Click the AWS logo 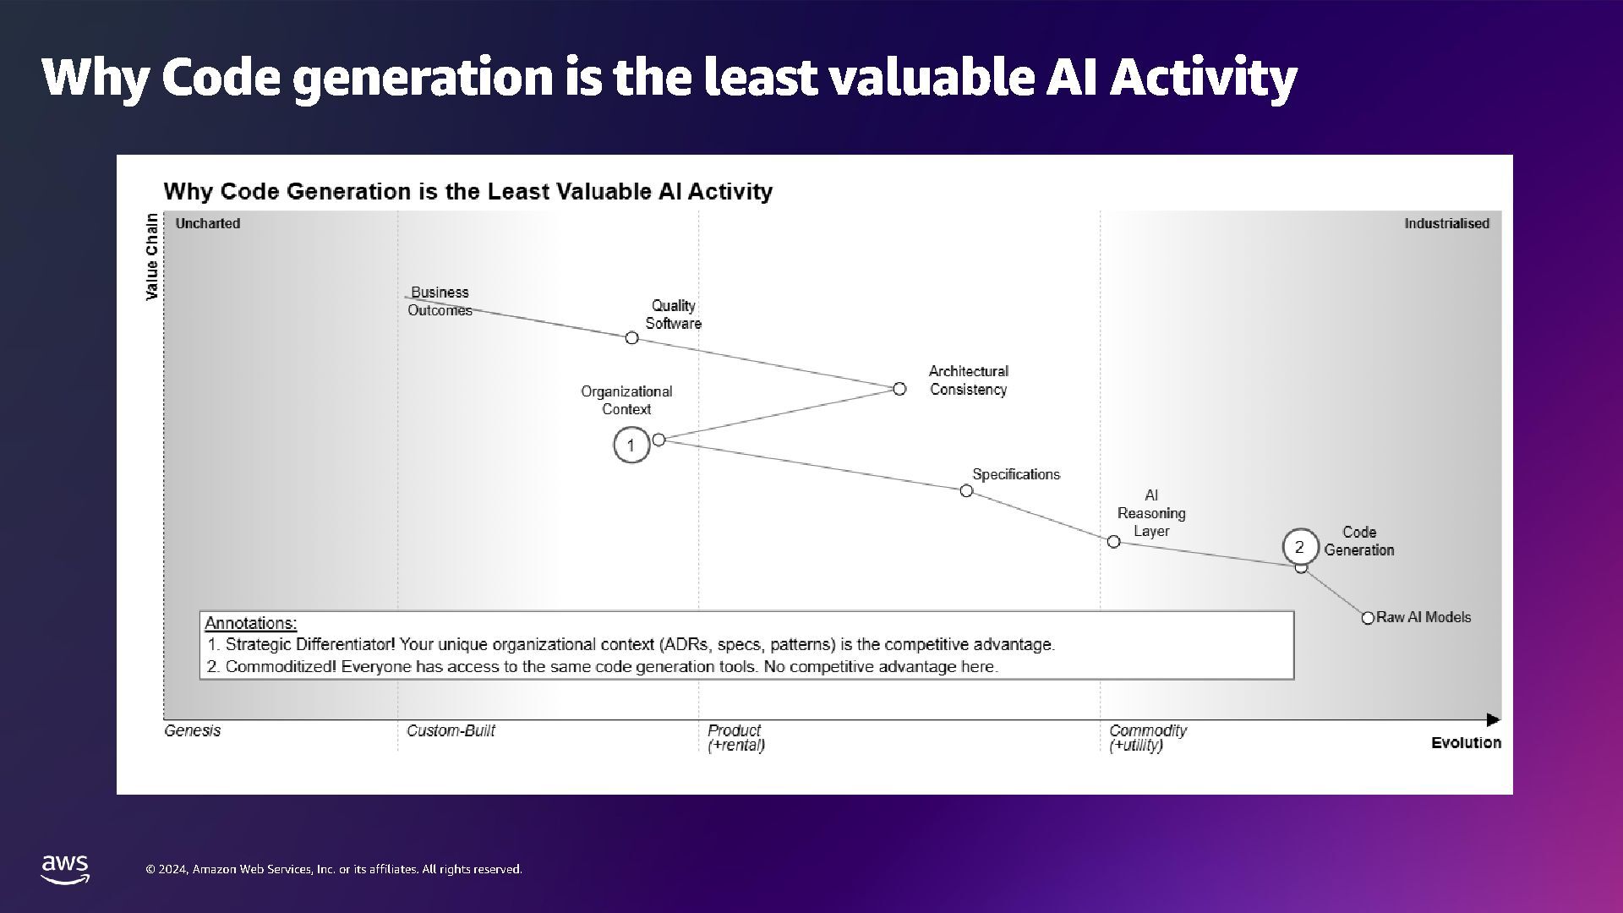tap(65, 869)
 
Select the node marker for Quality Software tap(631, 338)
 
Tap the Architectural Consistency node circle tap(899, 389)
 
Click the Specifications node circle tap(966, 491)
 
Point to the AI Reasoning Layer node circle tap(1113, 542)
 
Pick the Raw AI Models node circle tap(1368, 618)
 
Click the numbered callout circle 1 tap(631, 446)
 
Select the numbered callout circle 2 tap(1300, 547)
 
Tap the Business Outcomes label tap(440, 301)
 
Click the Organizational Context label tap(626, 400)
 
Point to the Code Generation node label tap(1358, 541)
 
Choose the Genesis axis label tap(192, 730)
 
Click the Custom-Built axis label tap(451, 730)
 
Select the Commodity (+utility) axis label tap(1147, 737)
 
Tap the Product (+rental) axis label tap(735, 737)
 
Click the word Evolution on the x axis tap(1466, 743)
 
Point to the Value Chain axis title tap(152, 256)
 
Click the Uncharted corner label tap(208, 223)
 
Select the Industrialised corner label tap(1446, 223)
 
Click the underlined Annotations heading tap(250, 623)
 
